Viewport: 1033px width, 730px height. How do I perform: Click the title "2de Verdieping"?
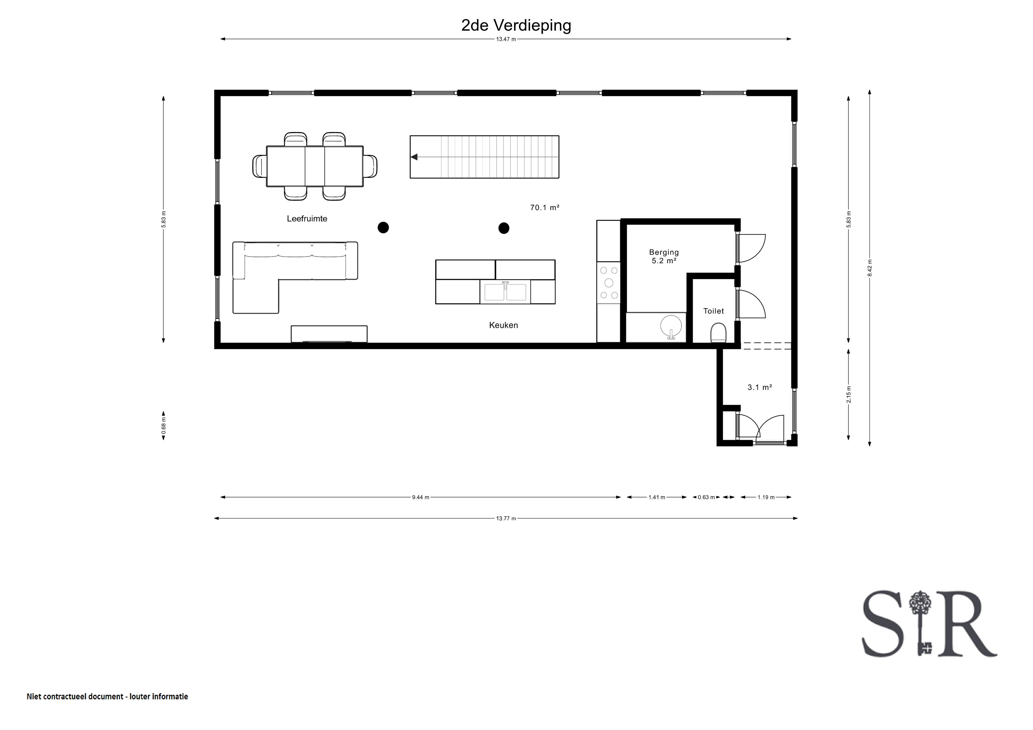pyautogui.click(x=516, y=26)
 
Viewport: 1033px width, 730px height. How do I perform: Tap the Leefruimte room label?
pyautogui.click(x=307, y=219)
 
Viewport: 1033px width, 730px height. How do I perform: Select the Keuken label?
pyautogui.click(x=503, y=325)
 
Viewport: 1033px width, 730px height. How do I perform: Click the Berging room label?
pyautogui.click(x=664, y=252)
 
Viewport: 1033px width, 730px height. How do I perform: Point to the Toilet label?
pyautogui.click(x=714, y=311)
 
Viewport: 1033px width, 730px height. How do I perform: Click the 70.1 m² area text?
pyautogui.click(x=544, y=207)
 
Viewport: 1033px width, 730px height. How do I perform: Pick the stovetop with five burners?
pyautogui.click(x=609, y=283)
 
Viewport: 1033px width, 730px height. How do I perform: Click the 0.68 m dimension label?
pyautogui.click(x=164, y=425)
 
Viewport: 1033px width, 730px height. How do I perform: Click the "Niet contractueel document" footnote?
pyautogui.click(x=75, y=697)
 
